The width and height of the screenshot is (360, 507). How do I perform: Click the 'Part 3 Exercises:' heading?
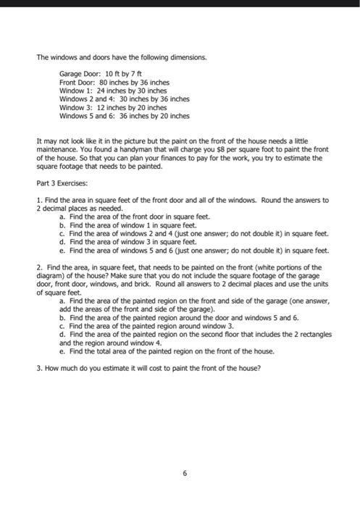point(62,183)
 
